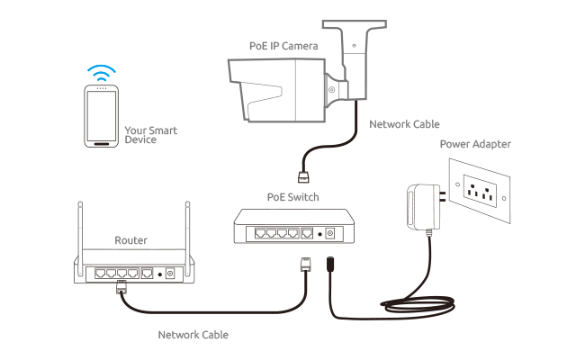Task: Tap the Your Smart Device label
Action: click(x=152, y=135)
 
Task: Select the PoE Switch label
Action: click(x=292, y=196)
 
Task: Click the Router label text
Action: click(x=130, y=241)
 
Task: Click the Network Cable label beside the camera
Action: click(x=404, y=124)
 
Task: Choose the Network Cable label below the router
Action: click(x=193, y=334)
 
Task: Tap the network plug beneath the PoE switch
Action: click(x=304, y=265)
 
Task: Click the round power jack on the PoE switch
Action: click(x=328, y=233)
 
